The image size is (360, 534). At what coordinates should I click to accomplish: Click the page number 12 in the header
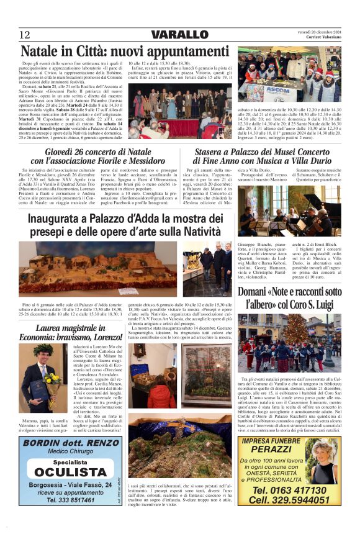(25, 34)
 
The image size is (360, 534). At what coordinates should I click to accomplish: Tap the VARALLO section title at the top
(180, 34)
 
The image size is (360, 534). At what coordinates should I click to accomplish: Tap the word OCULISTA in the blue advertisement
(70, 472)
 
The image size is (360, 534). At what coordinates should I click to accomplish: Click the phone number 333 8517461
(70, 499)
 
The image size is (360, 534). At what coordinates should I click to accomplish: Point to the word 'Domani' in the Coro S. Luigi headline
(257, 291)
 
